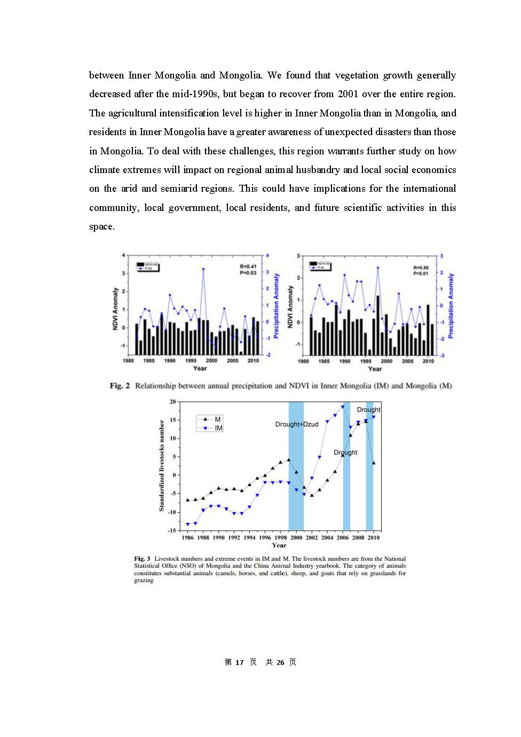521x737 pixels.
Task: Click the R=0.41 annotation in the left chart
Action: point(248,266)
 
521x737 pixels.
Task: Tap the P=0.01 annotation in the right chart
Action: point(421,273)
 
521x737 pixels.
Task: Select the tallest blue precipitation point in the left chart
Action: point(203,269)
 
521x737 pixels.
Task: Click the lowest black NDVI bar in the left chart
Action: point(241,353)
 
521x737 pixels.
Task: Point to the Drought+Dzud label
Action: point(297,425)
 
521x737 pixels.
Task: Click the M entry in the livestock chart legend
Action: point(218,420)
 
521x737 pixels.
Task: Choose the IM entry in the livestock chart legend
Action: point(219,428)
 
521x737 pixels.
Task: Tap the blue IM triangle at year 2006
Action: point(343,407)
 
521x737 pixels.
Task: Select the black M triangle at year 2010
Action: point(374,463)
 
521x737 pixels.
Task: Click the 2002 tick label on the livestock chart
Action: point(312,538)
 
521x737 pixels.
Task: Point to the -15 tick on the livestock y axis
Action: point(172,531)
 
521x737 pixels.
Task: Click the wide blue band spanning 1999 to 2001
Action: point(296,465)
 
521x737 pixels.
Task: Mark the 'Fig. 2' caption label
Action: point(120,386)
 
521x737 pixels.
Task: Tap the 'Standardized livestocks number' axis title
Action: point(162,466)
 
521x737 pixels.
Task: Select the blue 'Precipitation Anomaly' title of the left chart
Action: point(277,305)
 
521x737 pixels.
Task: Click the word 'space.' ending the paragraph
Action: point(102,226)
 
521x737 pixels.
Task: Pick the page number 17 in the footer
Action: point(239,662)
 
